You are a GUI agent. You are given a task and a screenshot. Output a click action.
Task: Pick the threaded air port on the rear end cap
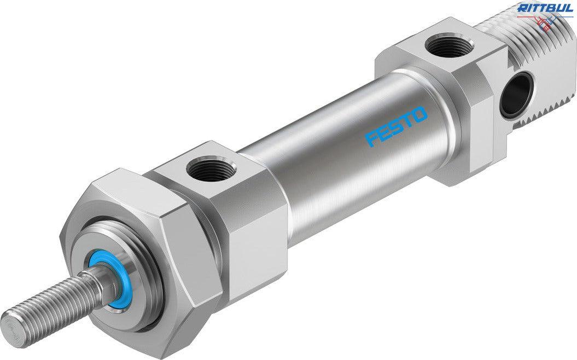[444, 45]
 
